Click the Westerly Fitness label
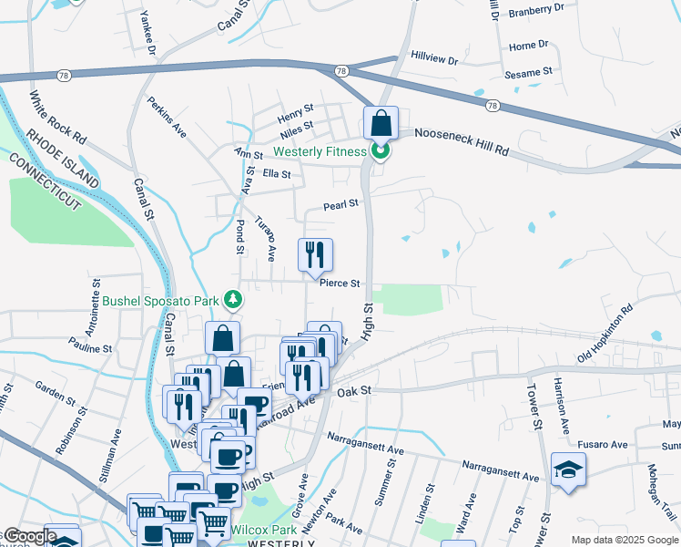[320, 150]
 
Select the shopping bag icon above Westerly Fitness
[381, 123]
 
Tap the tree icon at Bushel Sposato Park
[234, 299]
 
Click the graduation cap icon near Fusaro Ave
[568, 470]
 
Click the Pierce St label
[340, 283]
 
